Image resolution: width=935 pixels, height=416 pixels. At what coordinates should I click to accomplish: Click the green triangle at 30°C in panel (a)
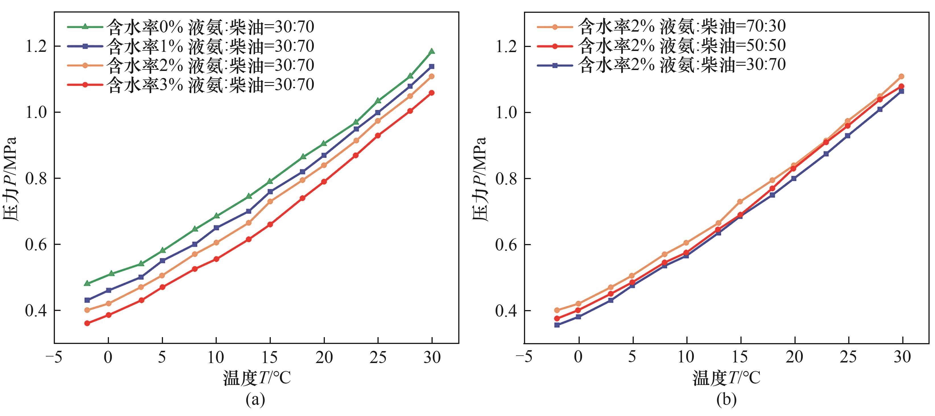pyautogui.click(x=432, y=51)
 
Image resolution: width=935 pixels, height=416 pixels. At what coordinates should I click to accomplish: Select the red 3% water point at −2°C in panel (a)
pyautogui.click(x=87, y=323)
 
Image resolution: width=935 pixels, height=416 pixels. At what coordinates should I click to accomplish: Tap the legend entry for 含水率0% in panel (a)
pyautogui.click(x=191, y=26)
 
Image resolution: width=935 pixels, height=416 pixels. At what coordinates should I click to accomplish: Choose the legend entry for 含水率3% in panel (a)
pyautogui.click(x=191, y=85)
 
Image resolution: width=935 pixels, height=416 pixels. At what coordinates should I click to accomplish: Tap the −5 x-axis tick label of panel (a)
pyautogui.click(x=54, y=358)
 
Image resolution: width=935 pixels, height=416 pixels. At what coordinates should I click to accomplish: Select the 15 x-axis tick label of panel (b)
pyautogui.click(x=740, y=358)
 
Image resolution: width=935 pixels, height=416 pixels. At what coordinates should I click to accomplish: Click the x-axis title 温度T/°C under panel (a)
pyautogui.click(x=257, y=378)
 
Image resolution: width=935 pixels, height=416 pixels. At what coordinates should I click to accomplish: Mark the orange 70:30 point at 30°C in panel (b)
pyautogui.click(x=901, y=76)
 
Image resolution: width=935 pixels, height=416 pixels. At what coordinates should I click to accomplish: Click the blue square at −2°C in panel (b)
pyautogui.click(x=557, y=325)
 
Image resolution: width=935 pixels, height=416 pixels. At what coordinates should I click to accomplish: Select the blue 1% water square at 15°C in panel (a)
pyautogui.click(x=270, y=191)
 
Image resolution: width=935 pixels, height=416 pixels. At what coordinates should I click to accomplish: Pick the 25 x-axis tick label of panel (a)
pyautogui.click(x=377, y=358)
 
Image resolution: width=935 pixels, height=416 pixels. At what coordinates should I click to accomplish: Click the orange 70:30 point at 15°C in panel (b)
pyautogui.click(x=740, y=201)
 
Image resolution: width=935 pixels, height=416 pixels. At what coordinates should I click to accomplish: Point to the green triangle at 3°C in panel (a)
pyautogui.click(x=141, y=263)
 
